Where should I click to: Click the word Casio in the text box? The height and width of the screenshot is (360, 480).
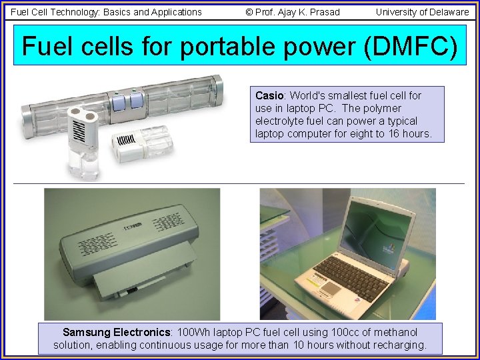[269, 95]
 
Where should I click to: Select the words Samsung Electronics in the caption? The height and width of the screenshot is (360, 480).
[117, 332]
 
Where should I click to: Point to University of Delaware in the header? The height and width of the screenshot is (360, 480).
[422, 11]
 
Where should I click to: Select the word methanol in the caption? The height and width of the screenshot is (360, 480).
[396, 332]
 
